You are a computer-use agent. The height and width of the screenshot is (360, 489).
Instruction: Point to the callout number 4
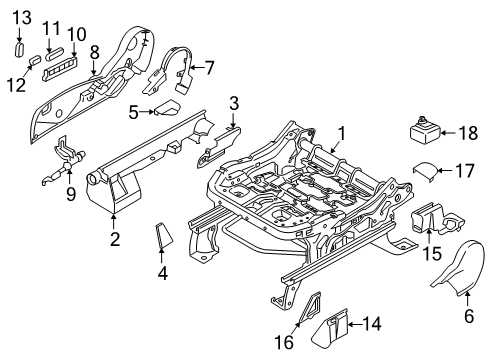pos(163,271)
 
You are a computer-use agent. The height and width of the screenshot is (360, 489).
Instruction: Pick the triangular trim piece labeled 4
pos(163,237)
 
